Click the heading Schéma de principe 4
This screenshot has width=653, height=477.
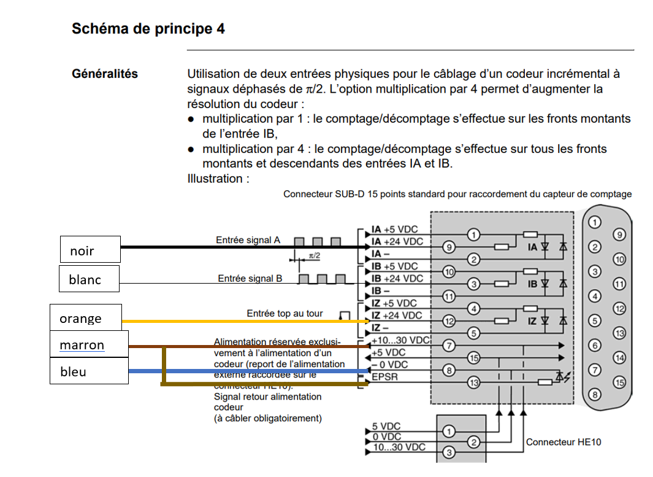click(x=148, y=29)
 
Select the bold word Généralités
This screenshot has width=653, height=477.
click(x=105, y=74)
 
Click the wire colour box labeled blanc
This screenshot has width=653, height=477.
click(x=89, y=279)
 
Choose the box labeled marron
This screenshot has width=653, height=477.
click(x=90, y=345)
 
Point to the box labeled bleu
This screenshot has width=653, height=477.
click(x=90, y=371)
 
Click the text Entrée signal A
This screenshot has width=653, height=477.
click(x=248, y=240)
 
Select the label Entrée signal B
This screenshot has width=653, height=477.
click(x=250, y=279)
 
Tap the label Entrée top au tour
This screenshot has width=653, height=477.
click(x=284, y=314)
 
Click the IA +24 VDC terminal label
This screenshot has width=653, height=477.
click(x=397, y=241)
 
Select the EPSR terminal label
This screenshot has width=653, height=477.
click(x=384, y=377)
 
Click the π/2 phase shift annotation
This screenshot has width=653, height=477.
click(x=314, y=255)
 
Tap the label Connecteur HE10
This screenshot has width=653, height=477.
click(x=563, y=441)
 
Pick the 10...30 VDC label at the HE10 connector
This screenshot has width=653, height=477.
click(x=399, y=448)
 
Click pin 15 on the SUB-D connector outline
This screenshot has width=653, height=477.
click(x=619, y=382)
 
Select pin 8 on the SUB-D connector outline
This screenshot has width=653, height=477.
click(x=594, y=395)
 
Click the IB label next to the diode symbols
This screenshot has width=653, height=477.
click(x=532, y=284)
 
